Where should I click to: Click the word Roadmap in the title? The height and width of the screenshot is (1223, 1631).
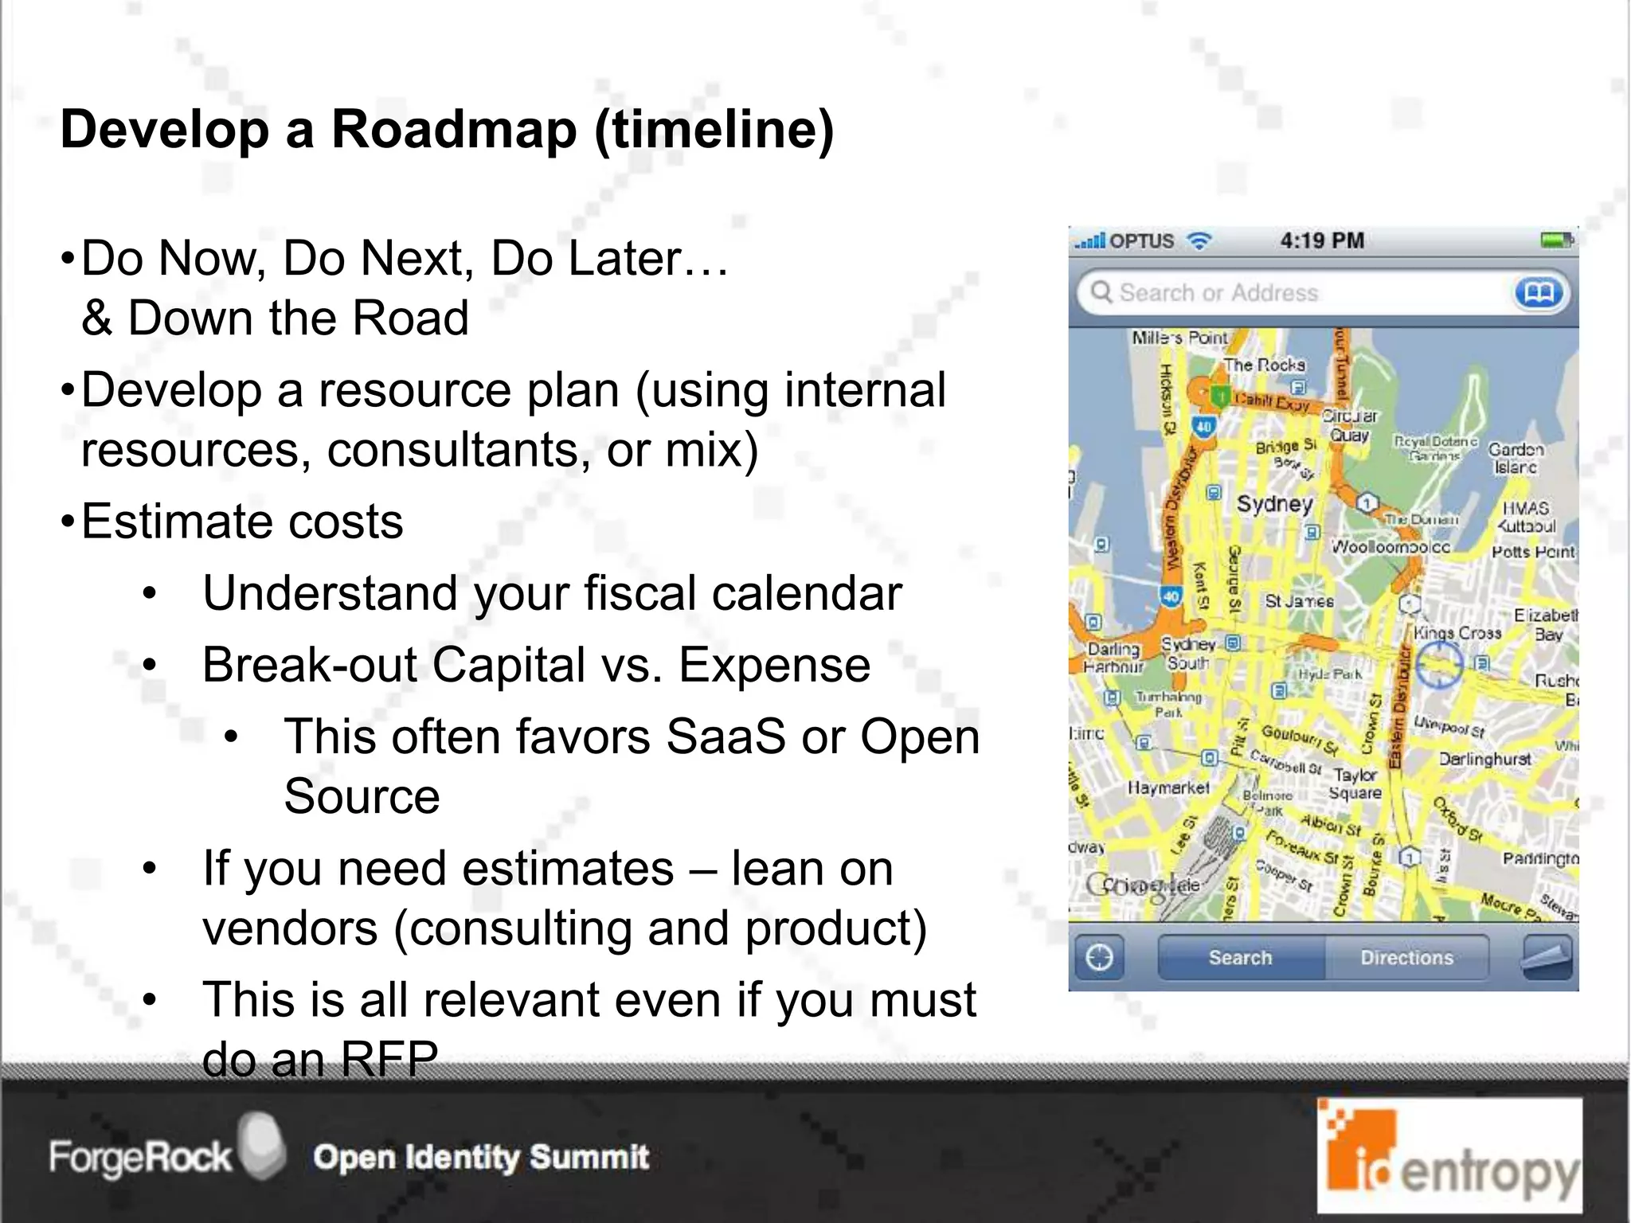453,130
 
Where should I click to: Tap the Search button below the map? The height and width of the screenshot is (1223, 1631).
1240,957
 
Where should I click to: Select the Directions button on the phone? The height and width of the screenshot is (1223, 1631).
1406,957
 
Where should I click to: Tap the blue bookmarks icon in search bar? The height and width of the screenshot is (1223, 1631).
1539,293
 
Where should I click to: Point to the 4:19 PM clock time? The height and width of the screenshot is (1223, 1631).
1322,240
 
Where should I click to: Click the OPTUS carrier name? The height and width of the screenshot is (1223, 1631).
1141,241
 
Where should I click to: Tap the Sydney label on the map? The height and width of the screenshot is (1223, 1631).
1274,504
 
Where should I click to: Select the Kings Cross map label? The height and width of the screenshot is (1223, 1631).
1457,633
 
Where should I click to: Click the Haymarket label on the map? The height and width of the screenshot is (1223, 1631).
1168,788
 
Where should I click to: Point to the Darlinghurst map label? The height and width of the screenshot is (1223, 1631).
1484,760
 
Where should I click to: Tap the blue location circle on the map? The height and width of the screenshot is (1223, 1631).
1437,662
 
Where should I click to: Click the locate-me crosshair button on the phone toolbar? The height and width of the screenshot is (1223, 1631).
1100,957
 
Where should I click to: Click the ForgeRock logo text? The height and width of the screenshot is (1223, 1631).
139,1157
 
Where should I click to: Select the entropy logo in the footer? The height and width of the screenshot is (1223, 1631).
1449,1156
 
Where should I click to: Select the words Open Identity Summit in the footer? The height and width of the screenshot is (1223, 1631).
481,1157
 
